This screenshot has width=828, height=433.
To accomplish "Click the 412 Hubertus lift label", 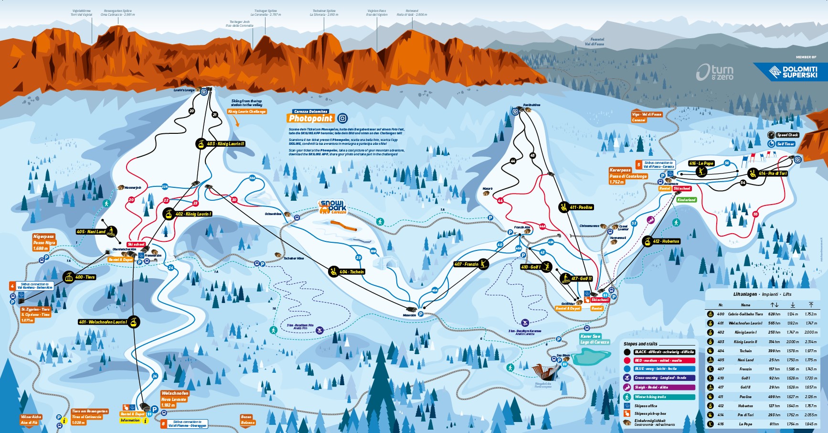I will pyautogui.click(x=666, y=241).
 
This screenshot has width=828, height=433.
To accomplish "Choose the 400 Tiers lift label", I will pyautogui.click(x=85, y=277).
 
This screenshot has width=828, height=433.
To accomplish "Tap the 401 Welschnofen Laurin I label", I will pyautogui.click(x=103, y=322).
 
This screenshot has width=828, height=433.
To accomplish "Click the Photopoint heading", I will pyautogui.click(x=311, y=119).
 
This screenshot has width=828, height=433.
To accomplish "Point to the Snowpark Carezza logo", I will pyautogui.click(x=332, y=207).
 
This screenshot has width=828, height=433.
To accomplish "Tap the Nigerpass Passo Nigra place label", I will pyautogui.click(x=44, y=242).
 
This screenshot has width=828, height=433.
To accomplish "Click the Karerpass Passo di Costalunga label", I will pyautogui.click(x=628, y=176).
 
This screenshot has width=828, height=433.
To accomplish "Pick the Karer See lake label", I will pyautogui.click(x=594, y=339).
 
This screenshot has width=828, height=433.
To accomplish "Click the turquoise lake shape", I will pyautogui.click(x=591, y=357).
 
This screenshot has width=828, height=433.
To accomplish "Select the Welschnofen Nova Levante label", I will pyautogui.click(x=175, y=399).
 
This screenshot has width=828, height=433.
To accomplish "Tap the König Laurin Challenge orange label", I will pyautogui.click(x=247, y=112).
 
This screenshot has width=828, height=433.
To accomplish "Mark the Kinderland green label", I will pyautogui.click(x=686, y=200).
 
